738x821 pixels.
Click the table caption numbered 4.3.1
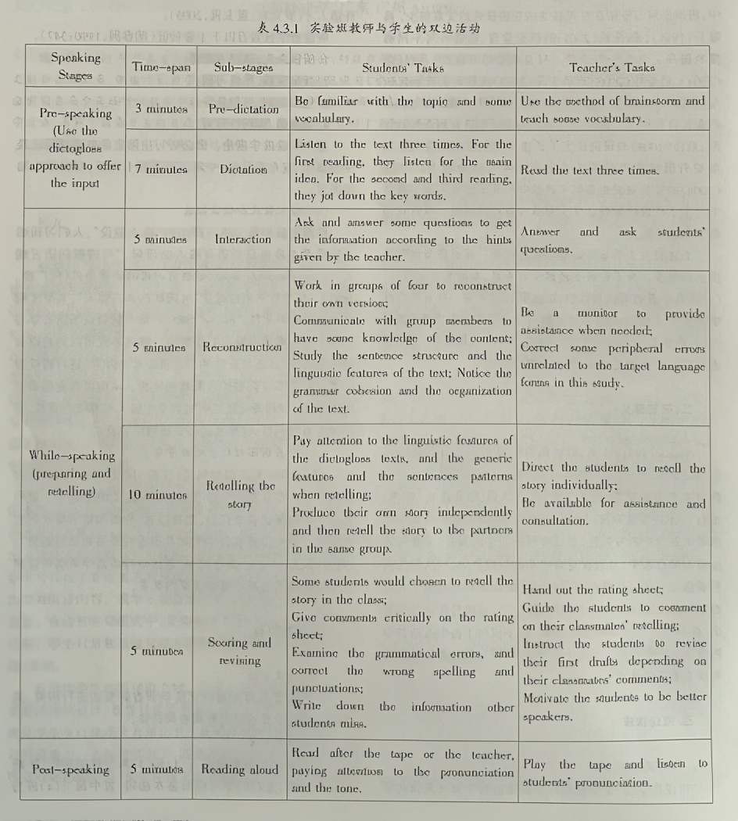(x=368, y=28)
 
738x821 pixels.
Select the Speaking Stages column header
(x=75, y=67)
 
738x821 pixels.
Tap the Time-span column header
(x=161, y=67)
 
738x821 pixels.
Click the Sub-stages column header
(x=243, y=67)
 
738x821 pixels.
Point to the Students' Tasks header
(x=403, y=68)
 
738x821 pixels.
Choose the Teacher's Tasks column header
(x=612, y=67)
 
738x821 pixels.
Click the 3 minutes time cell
(x=161, y=109)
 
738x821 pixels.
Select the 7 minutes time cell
(x=161, y=169)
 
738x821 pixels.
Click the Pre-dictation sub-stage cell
(x=243, y=109)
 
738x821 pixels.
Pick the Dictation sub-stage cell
(x=243, y=169)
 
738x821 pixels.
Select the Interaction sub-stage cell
(x=243, y=239)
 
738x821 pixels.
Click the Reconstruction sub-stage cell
(x=243, y=346)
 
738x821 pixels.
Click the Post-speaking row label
(x=71, y=769)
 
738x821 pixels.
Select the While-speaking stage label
(x=71, y=473)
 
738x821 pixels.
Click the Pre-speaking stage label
(x=75, y=148)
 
